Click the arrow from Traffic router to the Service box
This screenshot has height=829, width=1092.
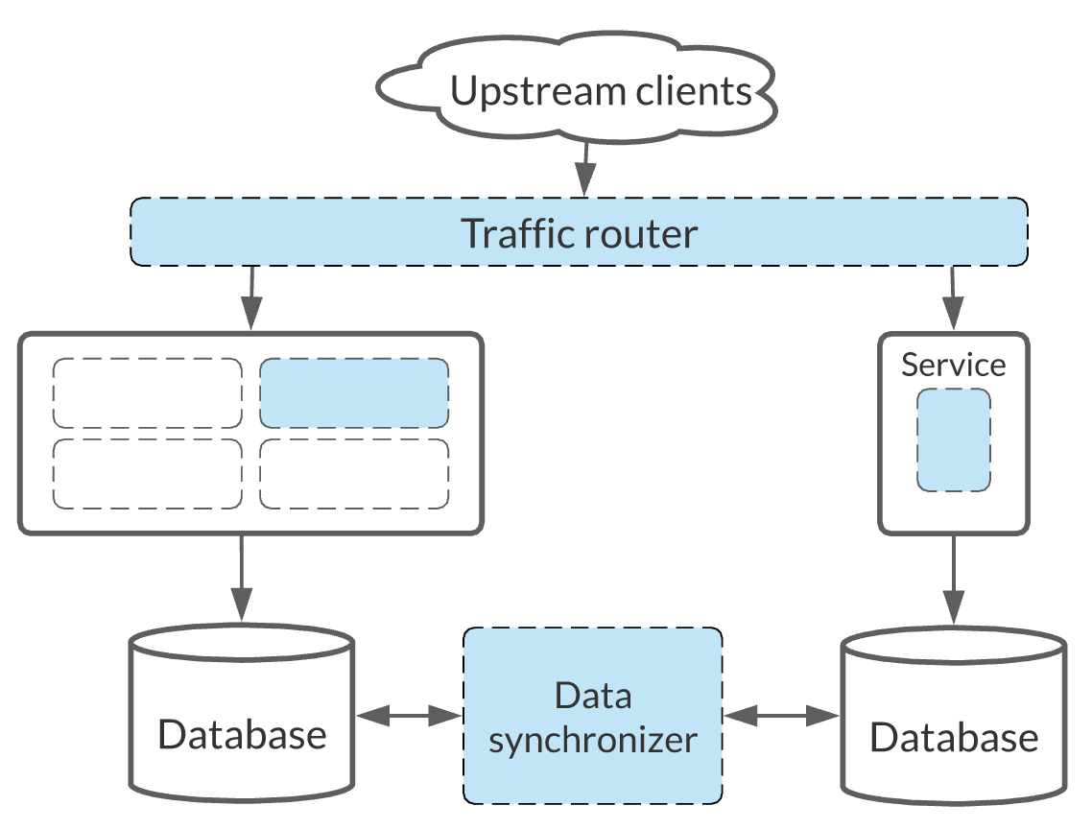coord(952,298)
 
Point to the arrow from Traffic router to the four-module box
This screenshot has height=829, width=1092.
coord(250,298)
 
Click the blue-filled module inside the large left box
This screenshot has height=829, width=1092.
coord(354,393)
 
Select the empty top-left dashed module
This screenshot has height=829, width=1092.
coord(147,393)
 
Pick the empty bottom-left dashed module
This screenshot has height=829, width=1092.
coord(147,474)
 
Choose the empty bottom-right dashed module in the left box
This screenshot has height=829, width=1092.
coord(354,474)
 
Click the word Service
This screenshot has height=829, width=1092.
coord(953,365)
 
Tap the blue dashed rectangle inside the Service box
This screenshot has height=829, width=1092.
coord(953,439)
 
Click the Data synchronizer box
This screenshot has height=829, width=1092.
coord(592,716)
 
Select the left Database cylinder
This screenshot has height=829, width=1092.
coord(242,715)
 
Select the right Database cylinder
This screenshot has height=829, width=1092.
coord(953,718)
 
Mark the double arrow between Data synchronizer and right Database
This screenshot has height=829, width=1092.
coord(782,715)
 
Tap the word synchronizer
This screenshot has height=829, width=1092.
coord(592,740)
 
